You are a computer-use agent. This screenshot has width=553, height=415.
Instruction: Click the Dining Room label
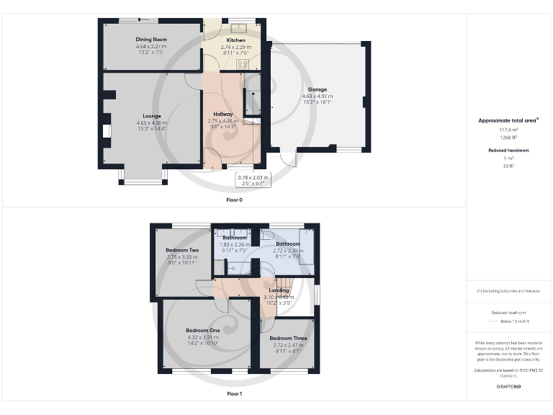pyautogui.click(x=151, y=40)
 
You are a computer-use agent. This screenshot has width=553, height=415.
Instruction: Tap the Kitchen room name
pyautogui.click(x=236, y=40)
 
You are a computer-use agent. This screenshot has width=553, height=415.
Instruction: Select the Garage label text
pyautogui.click(x=318, y=90)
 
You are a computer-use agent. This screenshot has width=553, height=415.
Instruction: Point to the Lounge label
pyautogui.click(x=151, y=116)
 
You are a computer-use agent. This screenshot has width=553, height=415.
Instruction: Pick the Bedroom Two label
pyautogui.click(x=181, y=250)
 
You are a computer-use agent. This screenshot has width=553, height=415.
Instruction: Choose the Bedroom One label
pyautogui.click(x=202, y=330)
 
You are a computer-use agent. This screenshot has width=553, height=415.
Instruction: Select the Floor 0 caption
pyautogui.click(x=235, y=199)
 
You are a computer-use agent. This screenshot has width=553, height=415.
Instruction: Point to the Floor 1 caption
pyautogui.click(x=235, y=394)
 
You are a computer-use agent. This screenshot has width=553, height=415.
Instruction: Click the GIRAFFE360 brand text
pyautogui.click(x=508, y=387)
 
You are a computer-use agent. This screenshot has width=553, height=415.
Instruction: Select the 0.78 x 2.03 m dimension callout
pyautogui.click(x=253, y=177)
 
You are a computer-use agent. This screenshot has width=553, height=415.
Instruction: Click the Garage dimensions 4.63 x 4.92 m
pyautogui.click(x=318, y=96)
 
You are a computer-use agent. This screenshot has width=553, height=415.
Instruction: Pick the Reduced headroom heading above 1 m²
pyautogui.click(x=508, y=150)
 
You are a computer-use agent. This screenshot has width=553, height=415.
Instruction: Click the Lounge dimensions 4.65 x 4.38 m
pyautogui.click(x=151, y=122)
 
